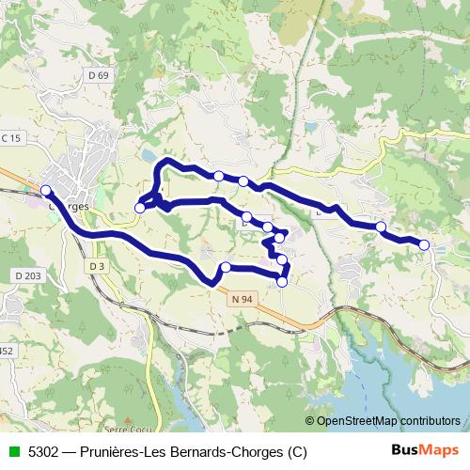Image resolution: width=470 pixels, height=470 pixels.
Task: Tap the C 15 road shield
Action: click(10, 138)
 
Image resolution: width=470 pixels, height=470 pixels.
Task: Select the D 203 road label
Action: click(29, 275)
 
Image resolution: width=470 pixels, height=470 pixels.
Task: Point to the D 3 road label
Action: click(95, 266)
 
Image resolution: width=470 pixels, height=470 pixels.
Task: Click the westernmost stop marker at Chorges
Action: click(46, 191)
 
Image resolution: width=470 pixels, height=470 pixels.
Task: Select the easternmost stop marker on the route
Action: click(424, 245)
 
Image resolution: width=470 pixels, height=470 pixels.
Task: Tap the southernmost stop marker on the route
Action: click(282, 281)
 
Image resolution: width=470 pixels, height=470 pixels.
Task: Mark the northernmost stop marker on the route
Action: click(218, 176)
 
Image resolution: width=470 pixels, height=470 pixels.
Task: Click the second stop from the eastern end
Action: click(381, 227)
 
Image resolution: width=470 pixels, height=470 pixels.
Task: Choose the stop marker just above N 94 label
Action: click(226, 268)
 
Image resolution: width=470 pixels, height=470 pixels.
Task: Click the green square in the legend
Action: click(12, 452)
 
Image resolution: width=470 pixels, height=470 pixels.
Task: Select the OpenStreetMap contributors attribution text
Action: click(387, 421)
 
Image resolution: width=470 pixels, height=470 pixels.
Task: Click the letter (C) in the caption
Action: click(297, 452)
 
